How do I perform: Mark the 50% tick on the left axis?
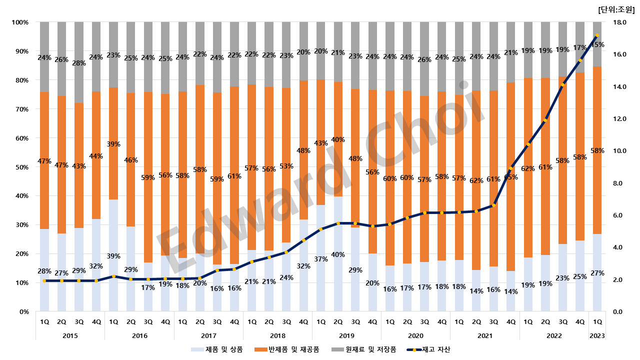tap(21, 167)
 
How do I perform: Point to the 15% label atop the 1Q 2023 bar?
tap(596, 44)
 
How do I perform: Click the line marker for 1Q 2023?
tap(596, 35)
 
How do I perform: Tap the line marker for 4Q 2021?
tap(510, 168)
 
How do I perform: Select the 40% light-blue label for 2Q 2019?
tap(338, 254)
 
